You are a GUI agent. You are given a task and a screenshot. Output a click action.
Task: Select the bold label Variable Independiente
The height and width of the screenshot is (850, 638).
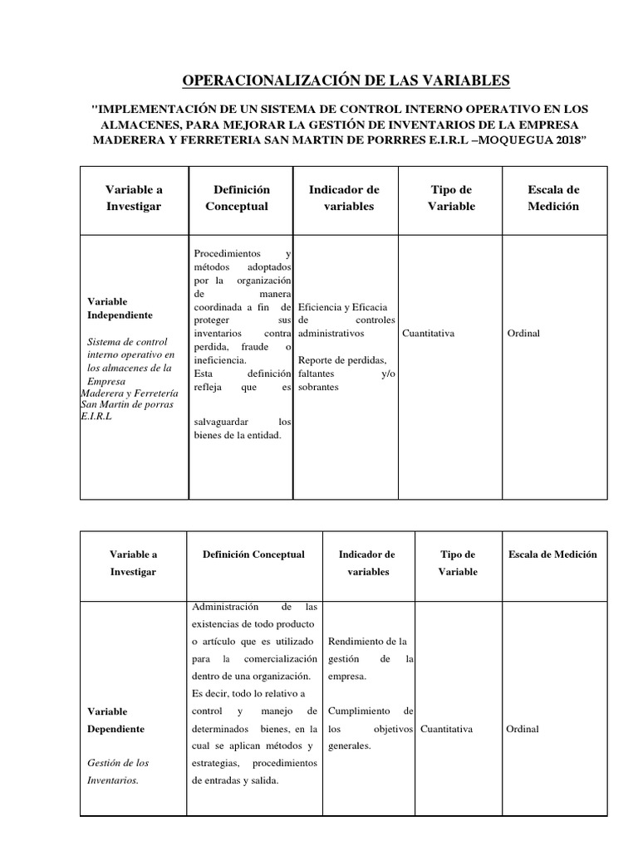click(120, 308)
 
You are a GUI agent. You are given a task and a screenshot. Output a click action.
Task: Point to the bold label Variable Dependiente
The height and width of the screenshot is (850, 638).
click(115, 720)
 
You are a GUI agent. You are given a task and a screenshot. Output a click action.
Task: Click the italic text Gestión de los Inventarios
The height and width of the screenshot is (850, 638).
click(118, 771)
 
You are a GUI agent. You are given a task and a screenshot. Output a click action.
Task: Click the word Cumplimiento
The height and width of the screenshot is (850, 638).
click(360, 711)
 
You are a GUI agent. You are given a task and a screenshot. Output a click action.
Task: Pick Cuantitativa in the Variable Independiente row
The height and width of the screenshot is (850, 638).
click(428, 334)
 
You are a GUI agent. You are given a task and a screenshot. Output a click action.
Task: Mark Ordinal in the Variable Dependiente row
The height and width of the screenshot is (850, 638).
click(522, 729)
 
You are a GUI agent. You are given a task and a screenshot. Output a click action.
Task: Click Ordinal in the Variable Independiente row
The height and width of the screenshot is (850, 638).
click(523, 334)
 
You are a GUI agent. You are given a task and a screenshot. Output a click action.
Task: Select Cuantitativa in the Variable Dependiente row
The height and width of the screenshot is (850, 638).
click(447, 729)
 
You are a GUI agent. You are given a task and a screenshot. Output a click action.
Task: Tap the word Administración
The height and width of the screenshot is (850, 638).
click(225, 606)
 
